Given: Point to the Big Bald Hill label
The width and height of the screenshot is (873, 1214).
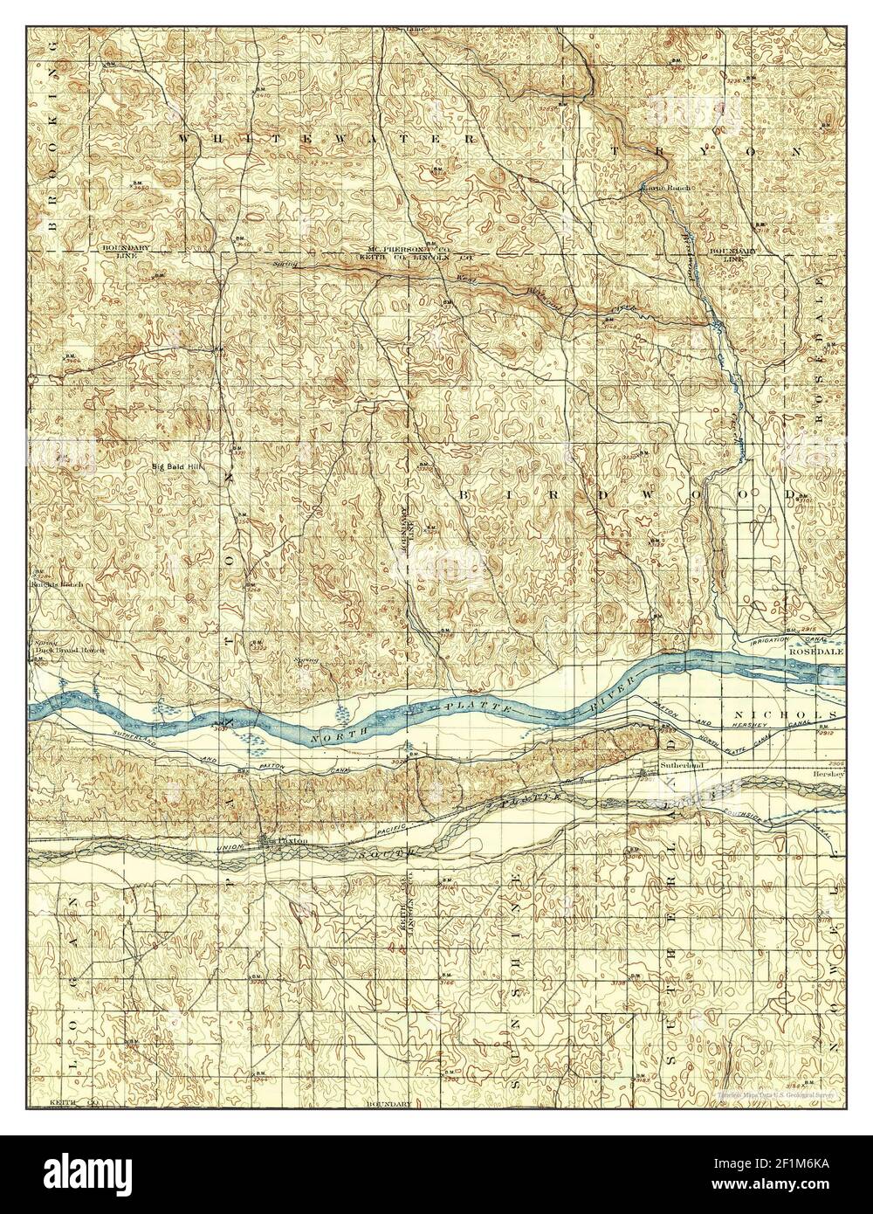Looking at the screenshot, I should [177, 466].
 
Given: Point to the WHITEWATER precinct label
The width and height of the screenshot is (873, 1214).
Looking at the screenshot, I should [328, 139].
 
